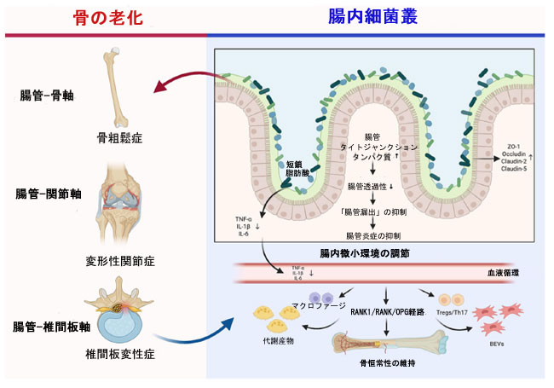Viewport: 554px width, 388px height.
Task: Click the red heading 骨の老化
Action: [105, 16]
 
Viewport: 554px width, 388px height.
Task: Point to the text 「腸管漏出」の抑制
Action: [374, 211]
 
